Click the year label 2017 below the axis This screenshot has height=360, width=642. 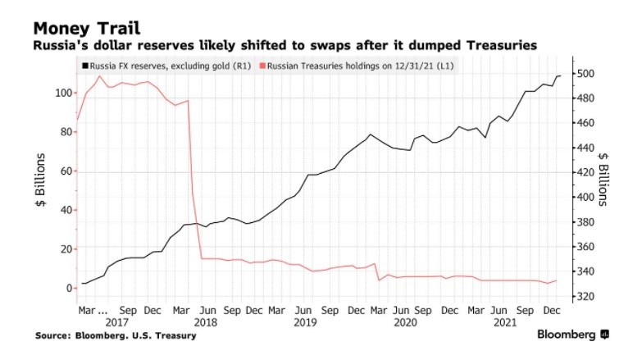[118, 324]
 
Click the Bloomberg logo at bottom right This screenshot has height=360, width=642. [572, 335]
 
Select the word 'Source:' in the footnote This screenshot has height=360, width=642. [52, 335]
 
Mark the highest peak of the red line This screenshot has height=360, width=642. [100, 76]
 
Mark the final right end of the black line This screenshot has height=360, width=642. [560, 76]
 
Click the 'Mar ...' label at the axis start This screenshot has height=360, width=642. [93, 312]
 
